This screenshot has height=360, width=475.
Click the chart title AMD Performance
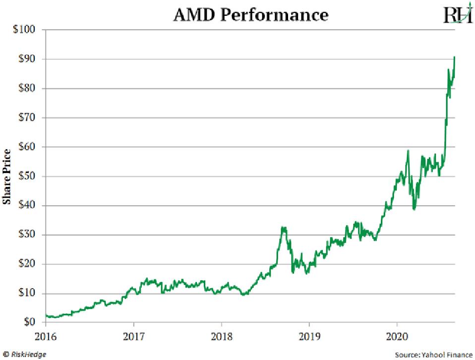coord(250,15)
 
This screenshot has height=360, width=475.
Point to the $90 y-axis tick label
coord(26,59)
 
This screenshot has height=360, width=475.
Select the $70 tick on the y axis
coord(26,118)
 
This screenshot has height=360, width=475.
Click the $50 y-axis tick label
coord(26,176)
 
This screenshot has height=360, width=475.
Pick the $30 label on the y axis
coord(26,235)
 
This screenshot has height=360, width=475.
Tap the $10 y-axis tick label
coord(26,293)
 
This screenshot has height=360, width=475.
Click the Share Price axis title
coord(7,176)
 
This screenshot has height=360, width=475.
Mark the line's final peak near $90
coord(455,57)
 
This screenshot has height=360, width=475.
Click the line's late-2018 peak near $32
coord(283,228)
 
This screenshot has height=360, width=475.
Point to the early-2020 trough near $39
coord(414,209)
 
